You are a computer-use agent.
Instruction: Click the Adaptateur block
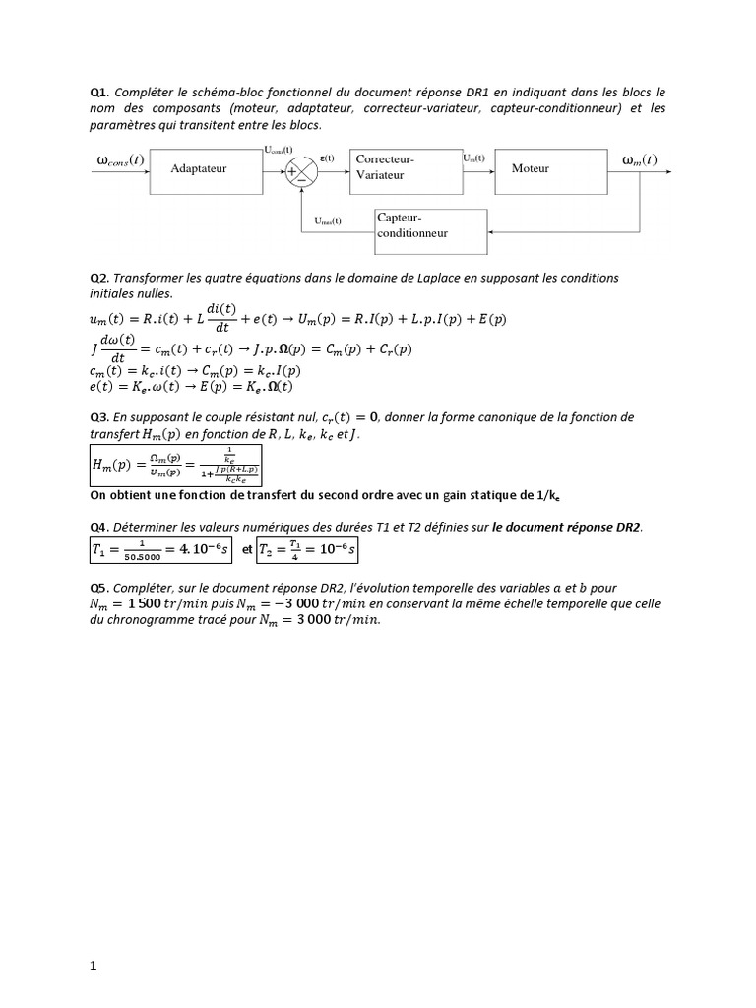(x=198, y=169)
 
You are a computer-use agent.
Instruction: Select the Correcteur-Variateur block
(x=405, y=168)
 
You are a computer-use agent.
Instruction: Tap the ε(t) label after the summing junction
(x=327, y=157)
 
